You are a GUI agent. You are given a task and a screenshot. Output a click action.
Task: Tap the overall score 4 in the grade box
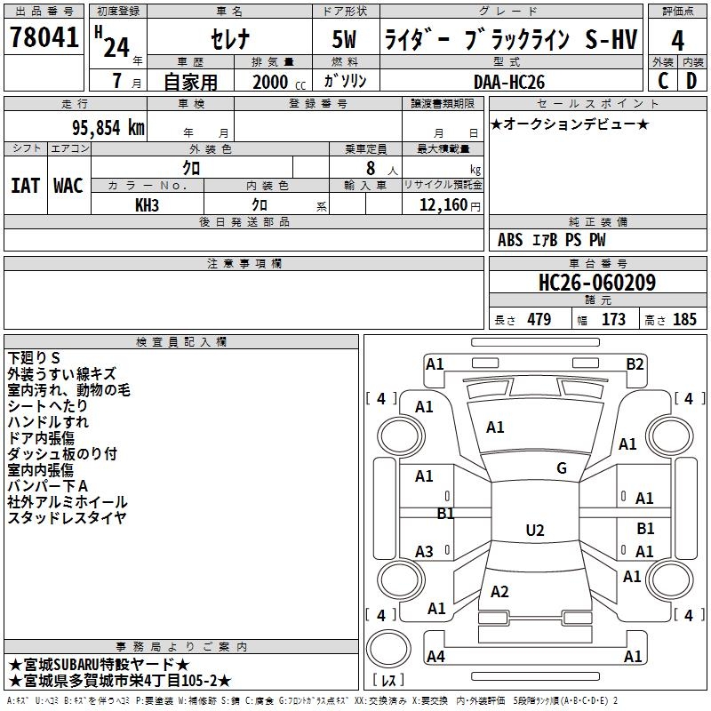(x=678, y=41)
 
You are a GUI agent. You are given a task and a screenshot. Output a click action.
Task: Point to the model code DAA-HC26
(x=510, y=81)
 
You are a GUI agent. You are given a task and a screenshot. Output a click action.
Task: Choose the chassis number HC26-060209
(x=597, y=284)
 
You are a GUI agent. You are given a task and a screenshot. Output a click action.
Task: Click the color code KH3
(x=147, y=204)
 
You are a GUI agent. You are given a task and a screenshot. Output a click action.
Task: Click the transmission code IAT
(x=25, y=185)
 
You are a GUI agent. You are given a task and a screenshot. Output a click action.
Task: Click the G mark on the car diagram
(x=562, y=468)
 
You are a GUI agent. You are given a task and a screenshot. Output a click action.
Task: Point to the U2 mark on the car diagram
(x=534, y=531)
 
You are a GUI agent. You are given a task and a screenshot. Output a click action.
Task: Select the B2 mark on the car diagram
(x=635, y=363)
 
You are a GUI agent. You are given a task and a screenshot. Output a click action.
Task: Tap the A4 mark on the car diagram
(x=435, y=657)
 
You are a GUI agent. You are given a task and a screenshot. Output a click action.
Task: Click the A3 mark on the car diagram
(x=425, y=552)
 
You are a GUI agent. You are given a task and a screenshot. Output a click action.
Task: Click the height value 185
(x=684, y=320)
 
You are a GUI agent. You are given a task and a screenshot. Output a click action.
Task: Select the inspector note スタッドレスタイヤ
(x=68, y=518)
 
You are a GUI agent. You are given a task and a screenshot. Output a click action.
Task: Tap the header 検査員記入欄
(x=181, y=342)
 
